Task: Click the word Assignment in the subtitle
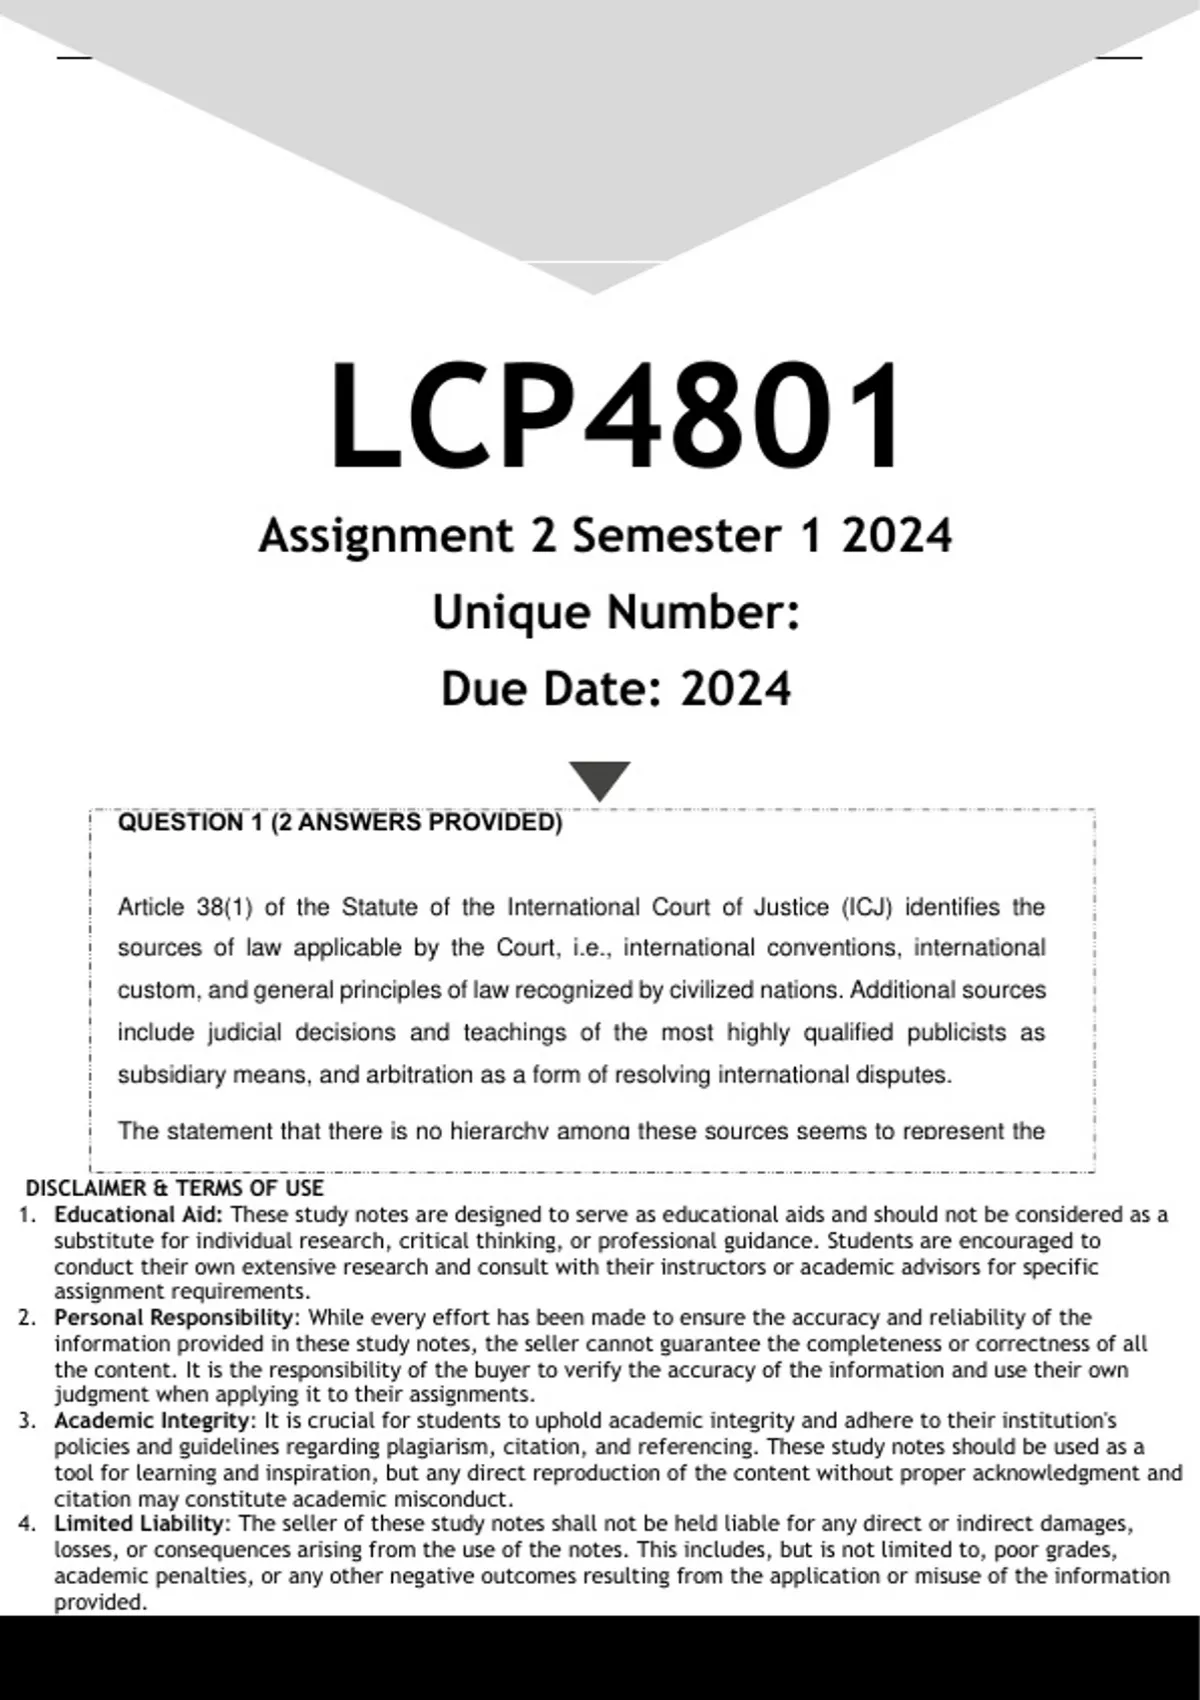(x=385, y=536)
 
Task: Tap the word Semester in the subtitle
(x=676, y=536)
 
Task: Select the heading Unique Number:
(x=615, y=612)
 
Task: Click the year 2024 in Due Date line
(x=736, y=689)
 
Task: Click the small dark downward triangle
(x=599, y=779)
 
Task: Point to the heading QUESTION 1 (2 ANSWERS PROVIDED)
(x=340, y=823)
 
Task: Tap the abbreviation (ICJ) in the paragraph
(x=866, y=907)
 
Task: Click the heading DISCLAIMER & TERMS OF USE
(x=174, y=1188)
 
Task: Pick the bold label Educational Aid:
(x=139, y=1214)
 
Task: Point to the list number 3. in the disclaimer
(x=27, y=1420)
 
